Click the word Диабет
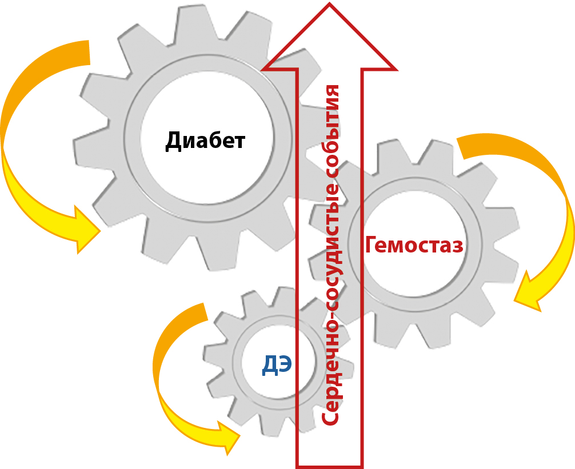[205, 141]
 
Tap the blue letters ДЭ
[277, 364]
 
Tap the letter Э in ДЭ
[284, 364]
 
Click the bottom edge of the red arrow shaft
[329, 465]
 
